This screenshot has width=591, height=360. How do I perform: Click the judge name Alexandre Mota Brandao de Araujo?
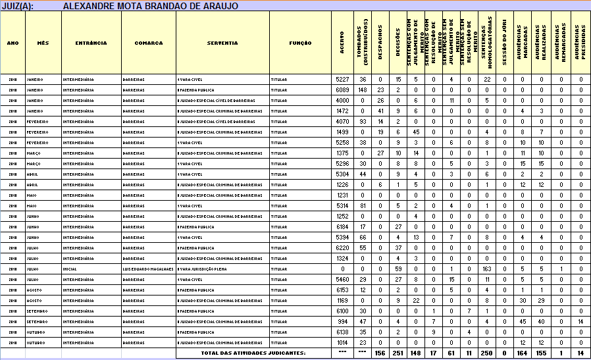tap(150, 6)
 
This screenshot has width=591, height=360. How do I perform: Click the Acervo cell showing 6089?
tap(342, 90)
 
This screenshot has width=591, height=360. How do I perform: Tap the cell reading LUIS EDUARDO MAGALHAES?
tap(148, 269)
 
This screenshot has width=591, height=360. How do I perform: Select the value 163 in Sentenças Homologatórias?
tap(486, 269)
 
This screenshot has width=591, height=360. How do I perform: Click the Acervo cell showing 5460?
tap(342, 279)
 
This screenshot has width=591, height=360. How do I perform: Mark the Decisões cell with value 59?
tap(398, 269)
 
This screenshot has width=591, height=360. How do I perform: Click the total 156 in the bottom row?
tap(380, 353)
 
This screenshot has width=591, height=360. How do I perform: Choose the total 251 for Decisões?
tap(398, 353)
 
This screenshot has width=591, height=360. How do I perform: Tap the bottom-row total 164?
tap(521, 353)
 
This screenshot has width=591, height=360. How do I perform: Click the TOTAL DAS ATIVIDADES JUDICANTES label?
tap(253, 353)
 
